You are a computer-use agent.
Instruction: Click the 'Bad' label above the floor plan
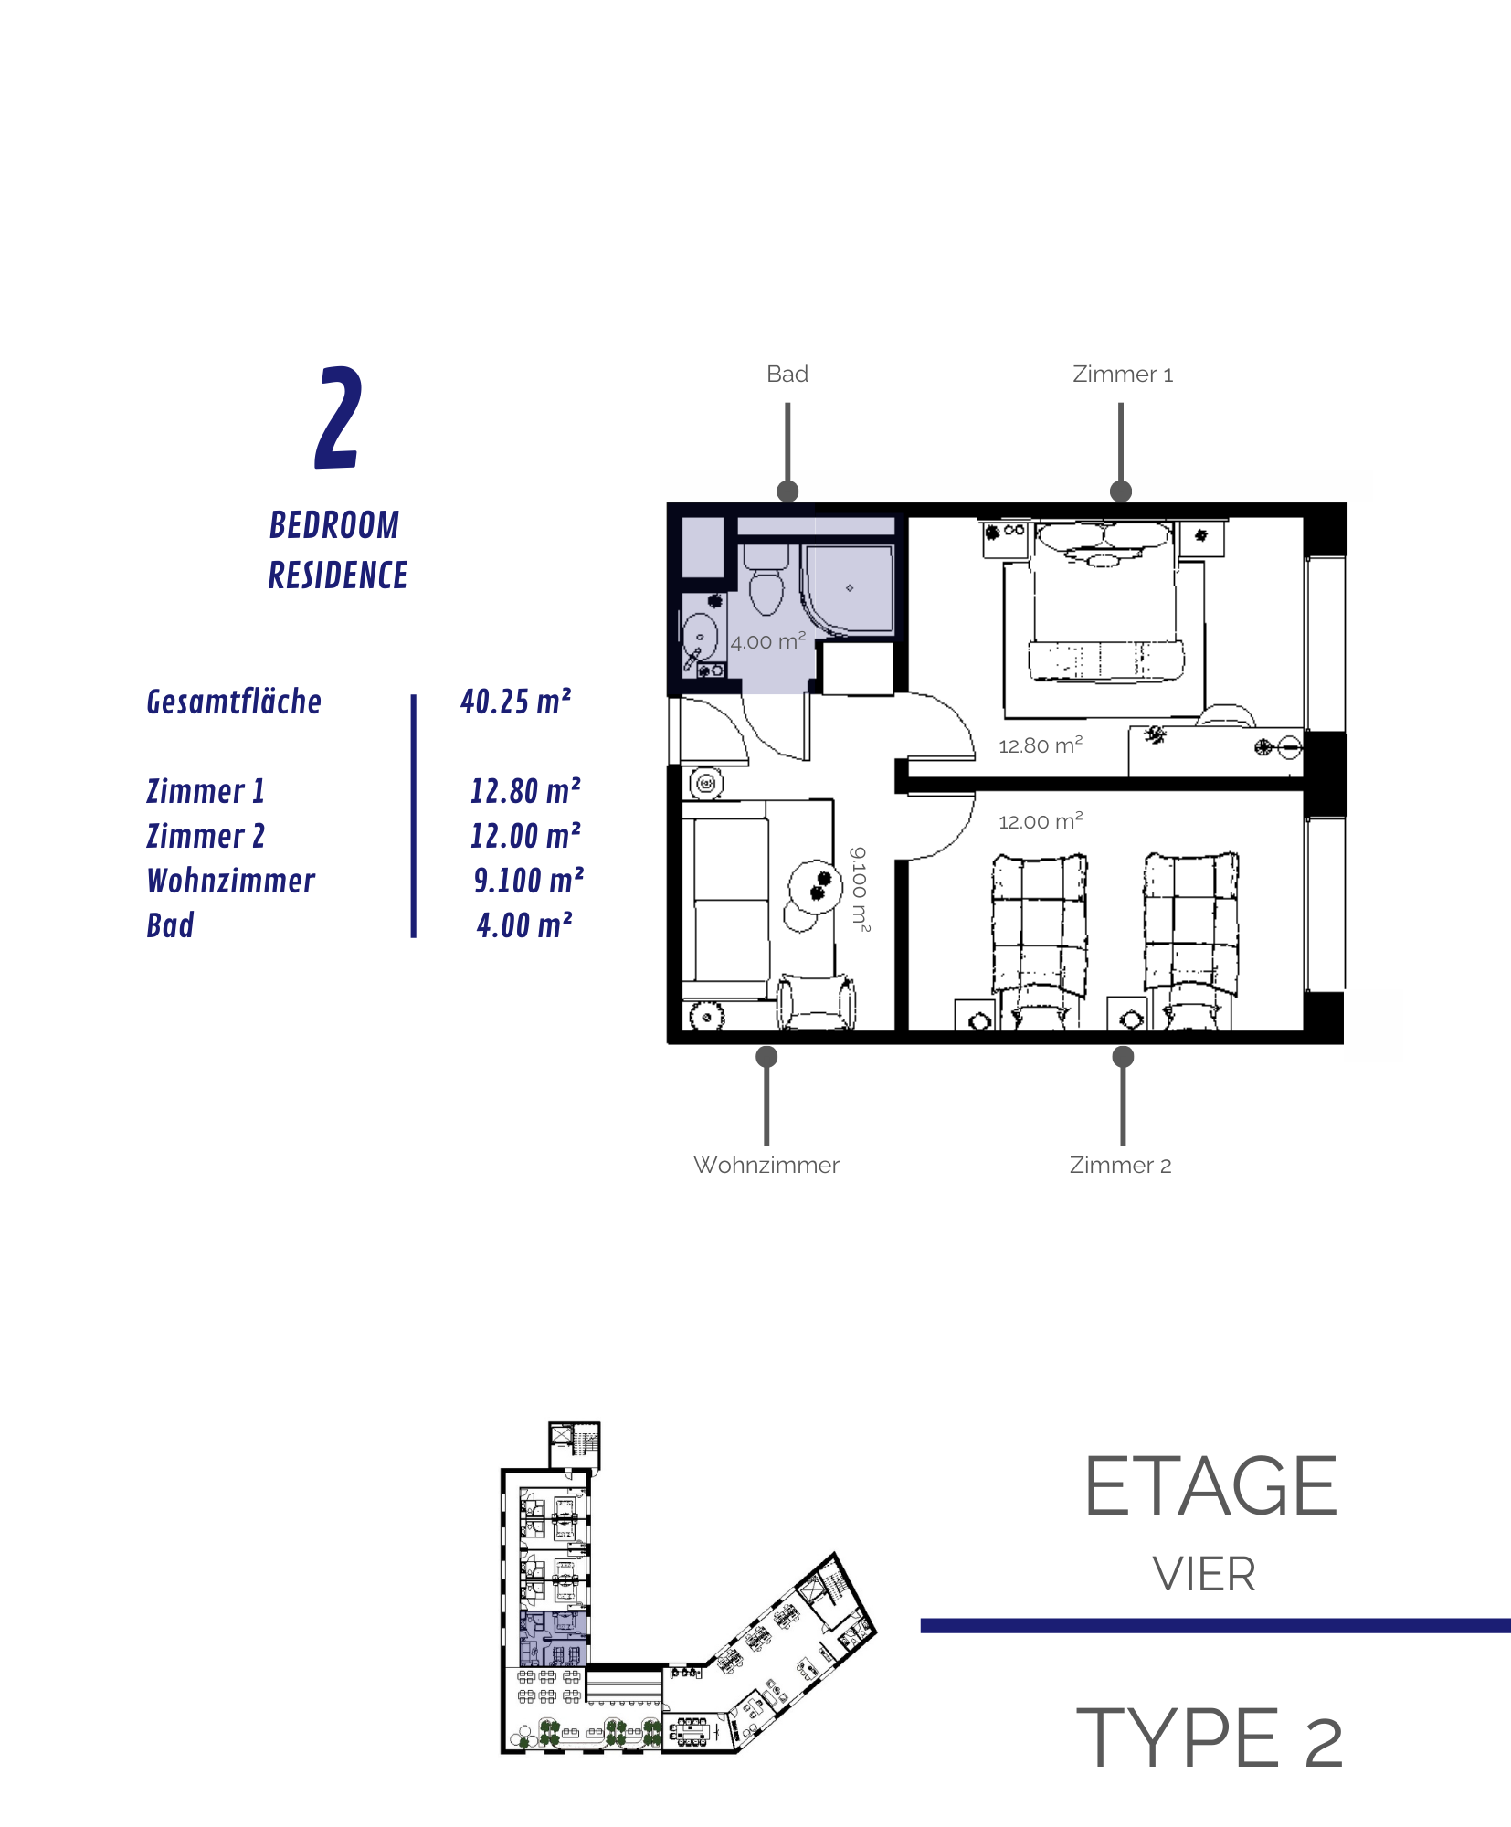click(x=787, y=375)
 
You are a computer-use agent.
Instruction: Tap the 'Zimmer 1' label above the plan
click(x=1123, y=375)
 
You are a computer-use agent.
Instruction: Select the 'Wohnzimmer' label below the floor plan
click(x=766, y=1166)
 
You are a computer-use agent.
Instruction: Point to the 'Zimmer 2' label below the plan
click(x=1121, y=1166)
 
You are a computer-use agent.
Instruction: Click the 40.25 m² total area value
click(x=516, y=702)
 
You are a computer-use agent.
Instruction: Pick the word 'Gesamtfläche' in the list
click(x=234, y=702)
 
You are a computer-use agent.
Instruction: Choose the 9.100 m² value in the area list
click(x=529, y=881)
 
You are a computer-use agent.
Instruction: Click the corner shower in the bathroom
click(x=849, y=589)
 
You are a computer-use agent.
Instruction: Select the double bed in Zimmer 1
click(x=1104, y=601)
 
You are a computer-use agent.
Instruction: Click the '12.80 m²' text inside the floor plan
click(x=1041, y=745)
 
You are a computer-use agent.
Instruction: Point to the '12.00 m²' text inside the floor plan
click(x=1041, y=821)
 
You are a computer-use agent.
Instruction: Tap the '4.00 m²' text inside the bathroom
click(x=768, y=641)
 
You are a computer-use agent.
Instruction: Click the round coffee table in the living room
click(x=815, y=886)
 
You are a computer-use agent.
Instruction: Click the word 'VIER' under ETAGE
click(x=1204, y=1575)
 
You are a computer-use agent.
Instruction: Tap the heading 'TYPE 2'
click(x=1210, y=1737)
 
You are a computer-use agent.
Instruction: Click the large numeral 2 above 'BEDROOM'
click(x=338, y=417)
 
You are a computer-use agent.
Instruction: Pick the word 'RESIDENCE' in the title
click(x=338, y=576)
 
